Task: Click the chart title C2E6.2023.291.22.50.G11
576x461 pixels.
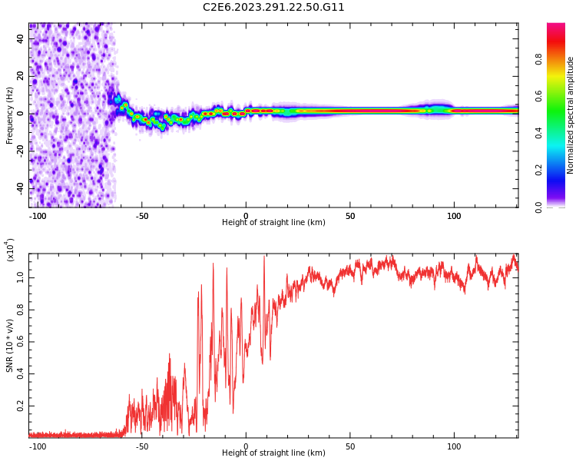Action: tap(273, 8)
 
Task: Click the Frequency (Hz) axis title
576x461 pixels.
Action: tap(10, 115)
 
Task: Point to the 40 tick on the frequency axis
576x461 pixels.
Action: tap(20, 38)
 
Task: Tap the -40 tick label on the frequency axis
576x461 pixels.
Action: tap(20, 188)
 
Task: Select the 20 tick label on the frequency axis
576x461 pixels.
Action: tap(20, 76)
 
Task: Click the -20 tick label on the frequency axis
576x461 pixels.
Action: tap(20, 151)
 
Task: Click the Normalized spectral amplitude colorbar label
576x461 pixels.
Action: tap(571, 115)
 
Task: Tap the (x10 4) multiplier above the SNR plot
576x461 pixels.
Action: tap(10, 249)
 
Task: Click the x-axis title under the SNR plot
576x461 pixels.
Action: tap(273, 453)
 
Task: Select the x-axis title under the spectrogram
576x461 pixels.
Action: tap(273, 223)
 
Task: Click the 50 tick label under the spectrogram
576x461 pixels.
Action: tap(350, 216)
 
